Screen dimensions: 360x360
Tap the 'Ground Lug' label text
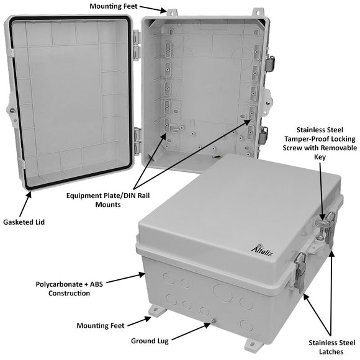point(151,340)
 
